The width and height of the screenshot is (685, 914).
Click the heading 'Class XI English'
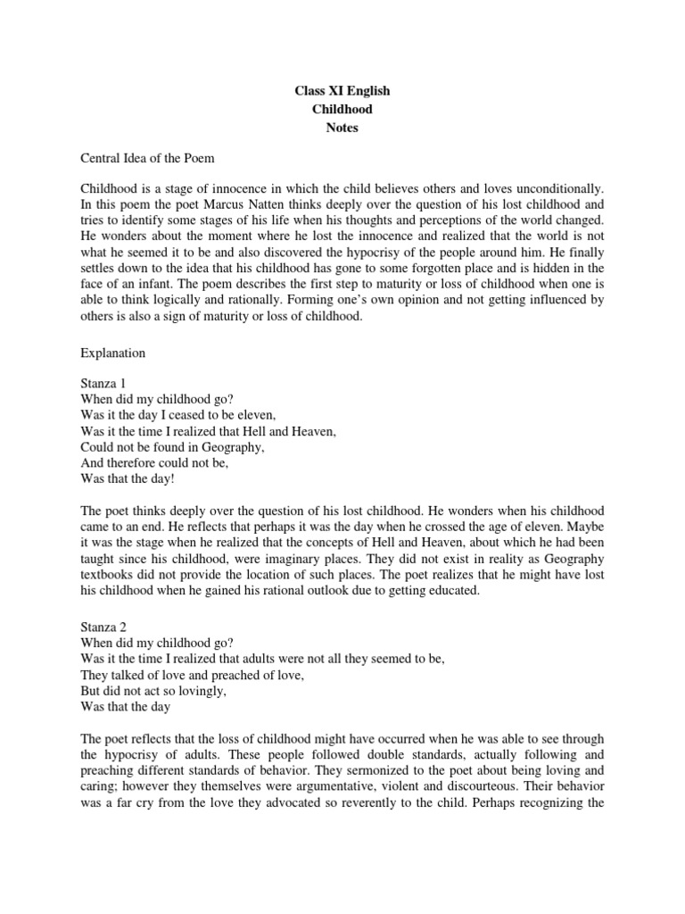(x=342, y=91)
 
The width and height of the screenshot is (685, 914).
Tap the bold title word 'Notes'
(x=342, y=128)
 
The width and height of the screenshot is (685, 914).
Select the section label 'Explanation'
(x=112, y=353)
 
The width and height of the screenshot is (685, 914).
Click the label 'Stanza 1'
(x=105, y=383)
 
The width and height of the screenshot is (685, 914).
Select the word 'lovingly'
(x=187, y=693)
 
